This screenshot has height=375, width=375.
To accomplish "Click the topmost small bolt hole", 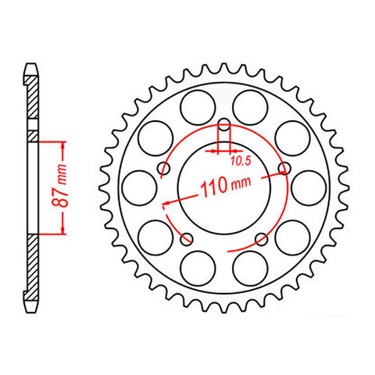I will pyautogui.click(x=224, y=125).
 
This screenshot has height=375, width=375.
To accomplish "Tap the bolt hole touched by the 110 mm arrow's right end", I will pyautogui.click(x=284, y=169).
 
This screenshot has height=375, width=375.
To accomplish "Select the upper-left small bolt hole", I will pyautogui.click(x=165, y=169).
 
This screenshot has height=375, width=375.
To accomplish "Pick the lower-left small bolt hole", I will pyautogui.click(x=187, y=238).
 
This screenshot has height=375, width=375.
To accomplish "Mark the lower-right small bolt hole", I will pyautogui.click(x=261, y=238).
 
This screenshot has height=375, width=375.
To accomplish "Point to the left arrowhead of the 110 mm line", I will pyautogui.click(x=166, y=205).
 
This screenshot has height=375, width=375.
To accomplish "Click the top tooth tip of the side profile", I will pyautogui.click(x=31, y=66).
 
